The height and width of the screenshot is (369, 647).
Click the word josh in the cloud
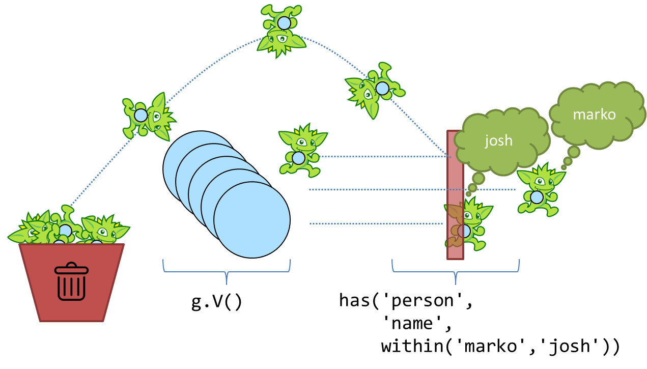click(x=498, y=140)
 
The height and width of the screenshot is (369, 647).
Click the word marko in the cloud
click(x=594, y=115)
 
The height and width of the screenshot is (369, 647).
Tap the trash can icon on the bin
click(x=71, y=281)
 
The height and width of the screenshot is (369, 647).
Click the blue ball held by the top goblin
click(x=284, y=23)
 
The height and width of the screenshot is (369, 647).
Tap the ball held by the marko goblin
click(x=537, y=197)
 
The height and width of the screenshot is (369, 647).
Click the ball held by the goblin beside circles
click(x=299, y=158)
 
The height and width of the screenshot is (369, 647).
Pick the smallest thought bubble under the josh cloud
click(x=468, y=194)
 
